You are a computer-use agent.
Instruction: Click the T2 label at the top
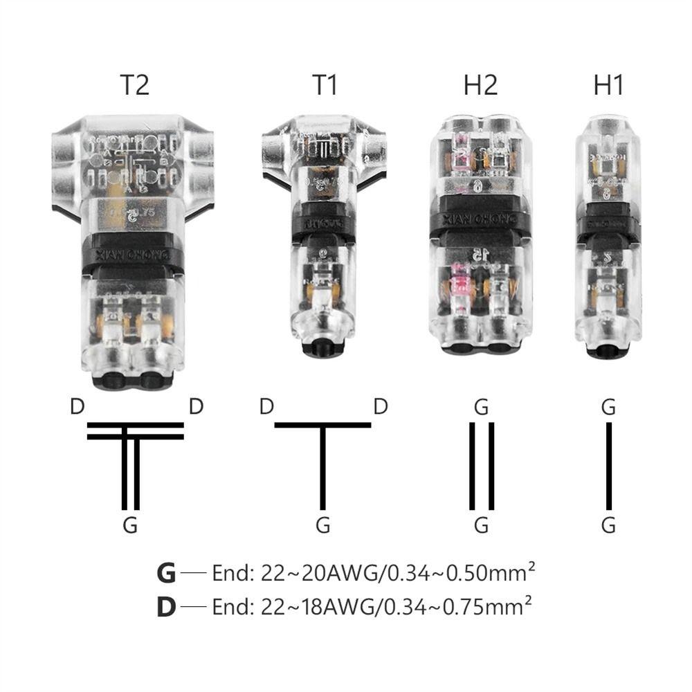pos(134,85)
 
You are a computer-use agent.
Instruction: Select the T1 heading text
pos(325,85)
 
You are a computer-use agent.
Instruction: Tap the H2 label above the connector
pos(480,85)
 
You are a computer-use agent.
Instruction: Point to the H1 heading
pos(608,85)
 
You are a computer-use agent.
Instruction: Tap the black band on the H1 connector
pos(609,225)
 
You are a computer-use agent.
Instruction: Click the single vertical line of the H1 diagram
pos(609,465)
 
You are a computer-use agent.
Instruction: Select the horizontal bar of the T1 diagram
pos(322,424)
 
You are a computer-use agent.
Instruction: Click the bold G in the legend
pos(166,574)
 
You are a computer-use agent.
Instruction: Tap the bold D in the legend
pos(166,607)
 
